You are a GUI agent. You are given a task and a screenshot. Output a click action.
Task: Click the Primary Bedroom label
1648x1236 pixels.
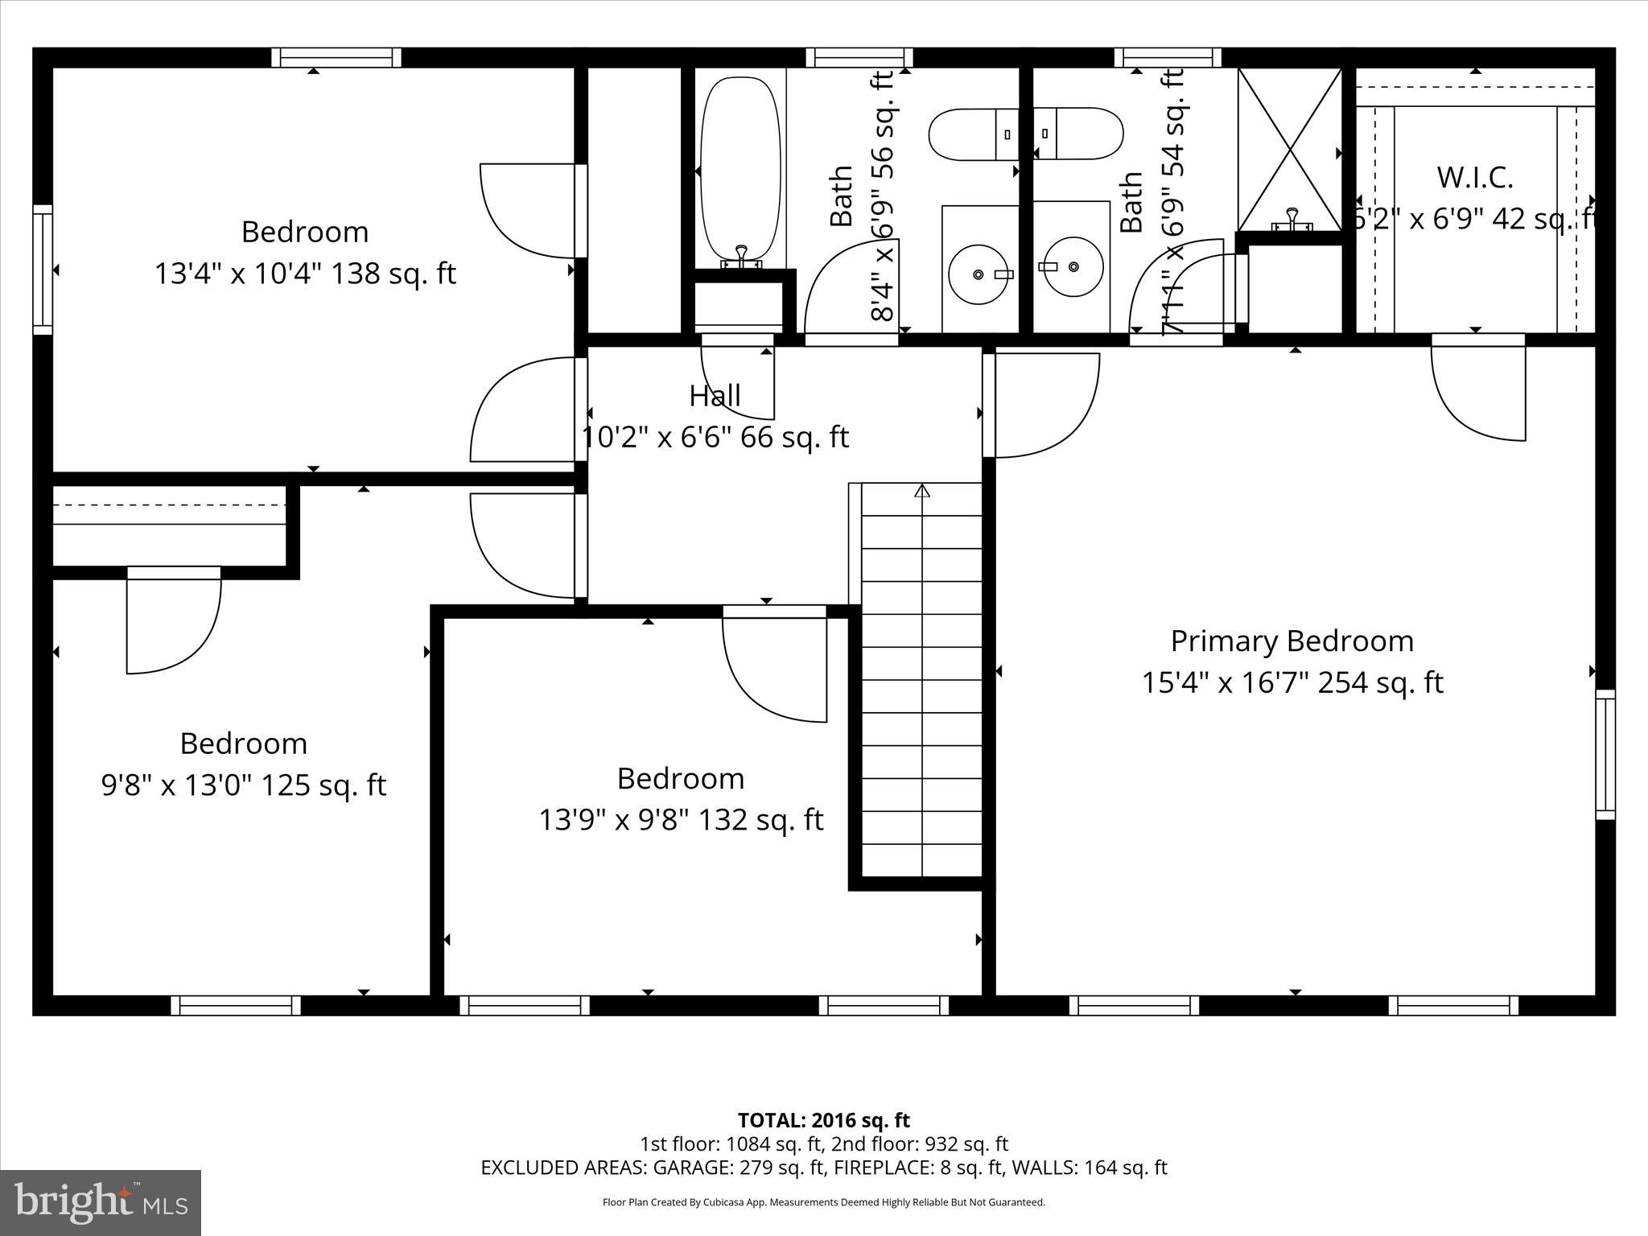click(x=1292, y=641)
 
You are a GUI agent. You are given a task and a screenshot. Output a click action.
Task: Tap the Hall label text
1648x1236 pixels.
click(x=715, y=396)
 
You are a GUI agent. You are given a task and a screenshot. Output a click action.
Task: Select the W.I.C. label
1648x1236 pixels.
click(x=1475, y=178)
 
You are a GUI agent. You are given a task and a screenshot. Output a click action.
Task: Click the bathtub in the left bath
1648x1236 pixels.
click(x=740, y=169)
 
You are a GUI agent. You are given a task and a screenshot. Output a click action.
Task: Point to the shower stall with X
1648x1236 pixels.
click(x=1289, y=150)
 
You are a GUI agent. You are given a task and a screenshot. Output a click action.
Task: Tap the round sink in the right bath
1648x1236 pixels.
click(x=1073, y=266)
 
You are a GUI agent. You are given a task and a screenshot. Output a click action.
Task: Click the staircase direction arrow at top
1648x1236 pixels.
click(x=922, y=490)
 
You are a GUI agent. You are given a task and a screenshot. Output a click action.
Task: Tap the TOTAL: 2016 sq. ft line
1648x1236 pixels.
click(x=823, y=1120)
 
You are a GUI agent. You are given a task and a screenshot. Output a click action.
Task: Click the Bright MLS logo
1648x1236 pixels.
click(x=101, y=1202)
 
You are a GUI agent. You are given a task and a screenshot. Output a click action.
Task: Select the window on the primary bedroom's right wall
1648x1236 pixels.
click(x=1605, y=754)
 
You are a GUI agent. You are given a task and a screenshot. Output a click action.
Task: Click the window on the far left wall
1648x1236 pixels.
click(x=42, y=269)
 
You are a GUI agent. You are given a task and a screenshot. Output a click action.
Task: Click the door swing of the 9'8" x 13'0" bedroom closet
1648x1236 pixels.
click(x=173, y=624)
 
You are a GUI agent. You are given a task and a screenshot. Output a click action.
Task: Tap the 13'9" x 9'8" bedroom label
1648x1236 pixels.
click(x=680, y=779)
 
